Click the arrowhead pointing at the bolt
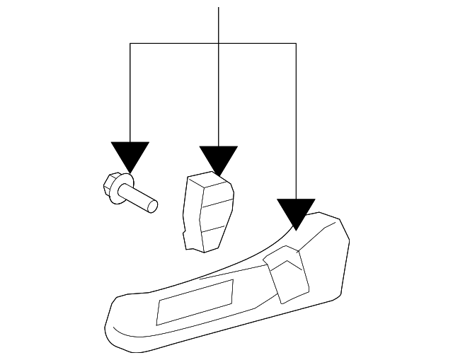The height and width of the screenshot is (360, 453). click(130, 155)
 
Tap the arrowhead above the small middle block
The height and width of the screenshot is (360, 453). click(219, 159)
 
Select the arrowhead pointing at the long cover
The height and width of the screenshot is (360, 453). click(296, 212)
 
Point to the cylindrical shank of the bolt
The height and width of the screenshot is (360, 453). click(137, 196)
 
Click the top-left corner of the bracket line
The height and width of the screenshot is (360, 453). click(130, 43)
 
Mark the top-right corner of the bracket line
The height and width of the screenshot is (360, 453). click(296, 43)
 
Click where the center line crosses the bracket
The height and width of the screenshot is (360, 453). click(219, 43)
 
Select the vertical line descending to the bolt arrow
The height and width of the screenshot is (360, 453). click(130, 92)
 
